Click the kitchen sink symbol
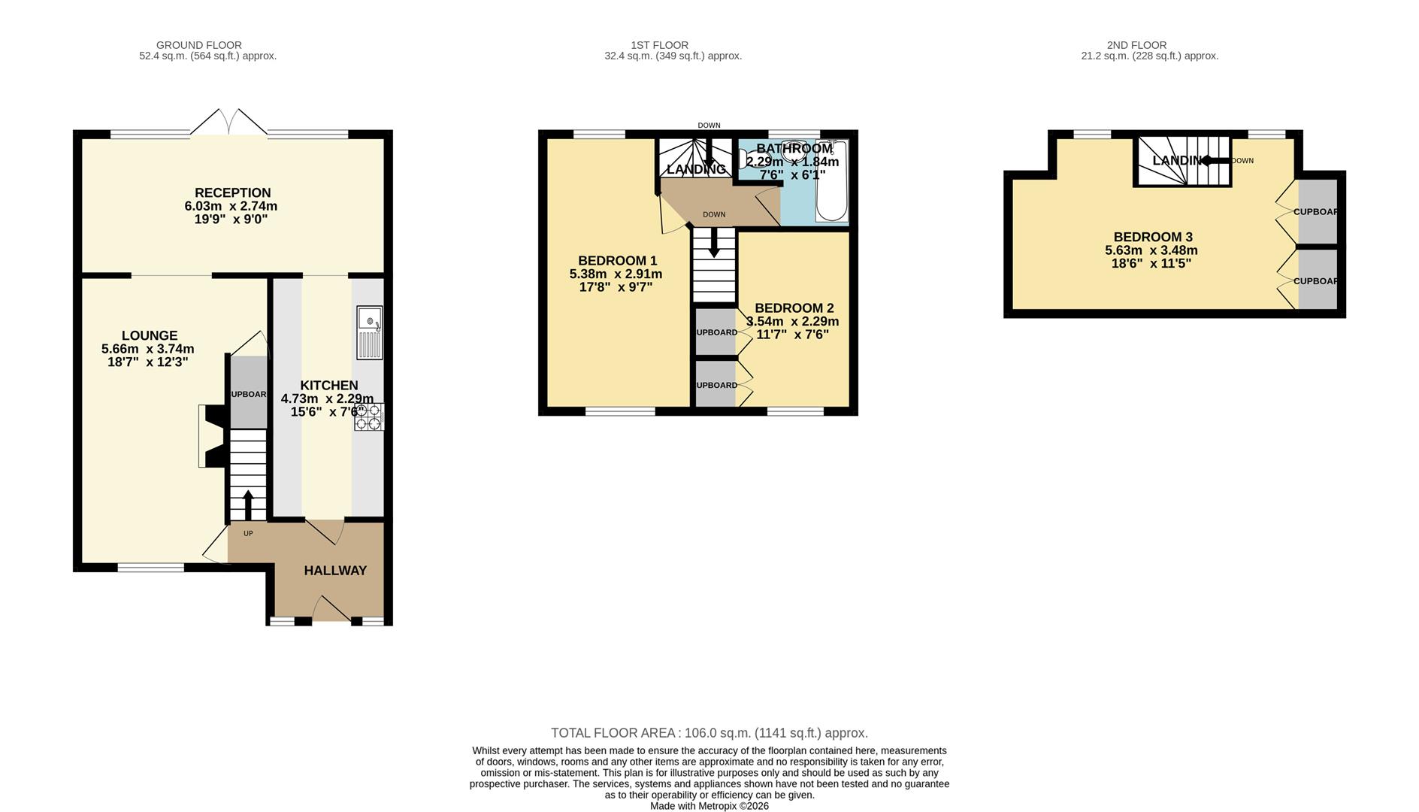tap(370, 332)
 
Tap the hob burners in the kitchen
tap(369, 417)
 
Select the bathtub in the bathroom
tap(831, 182)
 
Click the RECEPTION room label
tap(232, 192)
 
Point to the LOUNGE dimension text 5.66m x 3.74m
tap(147, 349)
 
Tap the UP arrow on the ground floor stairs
tap(248, 504)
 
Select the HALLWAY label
tap(335, 571)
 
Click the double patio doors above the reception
tap(228, 123)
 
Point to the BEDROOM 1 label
tap(617, 261)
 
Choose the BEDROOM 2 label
tap(794, 308)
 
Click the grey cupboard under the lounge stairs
tap(248, 392)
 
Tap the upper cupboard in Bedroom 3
tap(1318, 211)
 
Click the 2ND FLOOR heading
tap(1136, 45)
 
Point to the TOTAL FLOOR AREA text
tap(709, 733)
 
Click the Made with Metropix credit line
tap(709, 806)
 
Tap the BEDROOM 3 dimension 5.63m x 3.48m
tap(1151, 250)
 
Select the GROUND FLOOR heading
tap(198, 45)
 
